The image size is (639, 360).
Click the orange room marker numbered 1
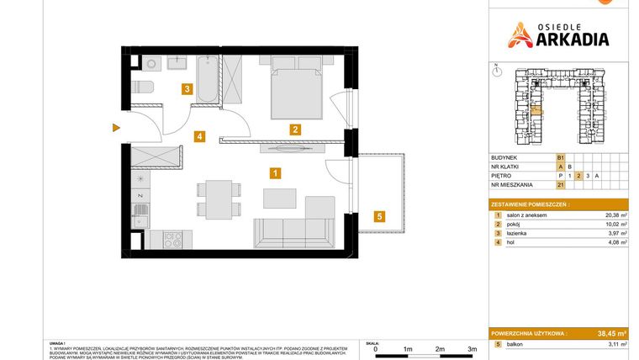275,174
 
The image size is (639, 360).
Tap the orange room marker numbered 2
295,130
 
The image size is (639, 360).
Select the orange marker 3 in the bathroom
187,88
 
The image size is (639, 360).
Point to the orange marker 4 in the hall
199,135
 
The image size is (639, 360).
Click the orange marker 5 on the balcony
379,216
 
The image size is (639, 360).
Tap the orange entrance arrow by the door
115,128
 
